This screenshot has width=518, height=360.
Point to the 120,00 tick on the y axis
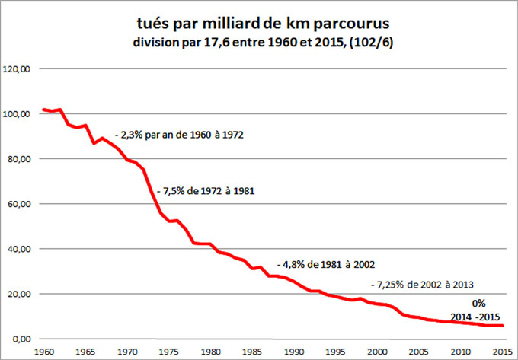point(17,69)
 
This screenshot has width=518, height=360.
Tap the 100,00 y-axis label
point(17,114)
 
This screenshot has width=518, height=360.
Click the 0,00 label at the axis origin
point(21,339)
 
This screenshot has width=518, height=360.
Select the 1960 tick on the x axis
point(43,352)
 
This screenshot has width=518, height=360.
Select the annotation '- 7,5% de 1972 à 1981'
point(205,191)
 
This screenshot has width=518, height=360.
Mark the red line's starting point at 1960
point(43,110)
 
